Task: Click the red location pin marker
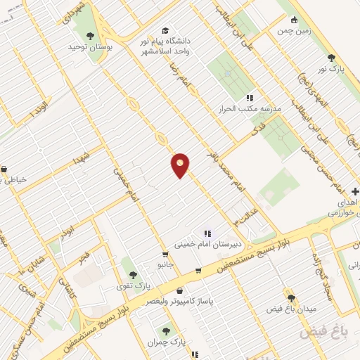click(181, 165)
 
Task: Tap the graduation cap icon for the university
click(165, 30)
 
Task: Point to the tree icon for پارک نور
click(331, 58)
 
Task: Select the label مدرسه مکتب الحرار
click(251, 109)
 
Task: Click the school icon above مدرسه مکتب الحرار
click(249, 98)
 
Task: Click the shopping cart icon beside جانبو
click(165, 255)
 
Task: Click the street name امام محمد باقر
click(224, 167)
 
